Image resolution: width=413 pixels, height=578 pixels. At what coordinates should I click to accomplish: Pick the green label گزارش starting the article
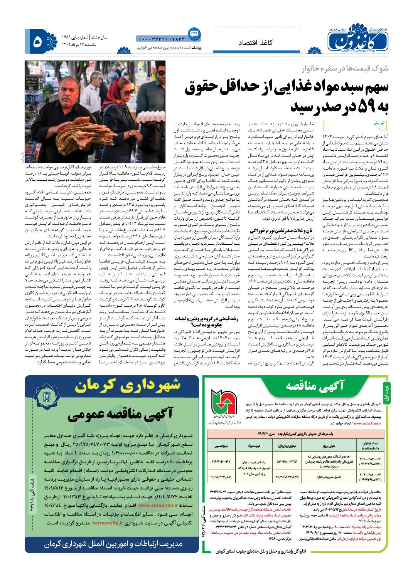point(379,124)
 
